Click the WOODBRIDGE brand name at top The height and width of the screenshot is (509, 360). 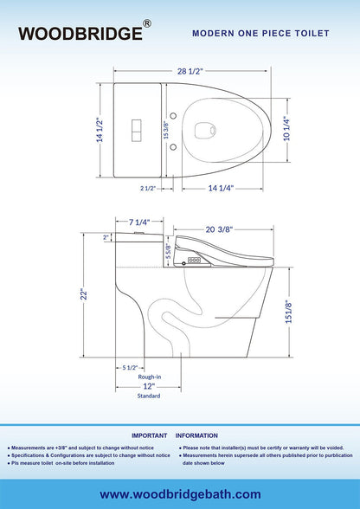(83, 33)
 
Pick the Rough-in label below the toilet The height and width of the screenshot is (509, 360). (149, 378)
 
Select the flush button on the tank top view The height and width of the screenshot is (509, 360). (134, 129)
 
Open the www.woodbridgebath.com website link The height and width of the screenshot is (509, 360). (180, 493)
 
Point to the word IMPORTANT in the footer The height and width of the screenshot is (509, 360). (148, 435)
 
